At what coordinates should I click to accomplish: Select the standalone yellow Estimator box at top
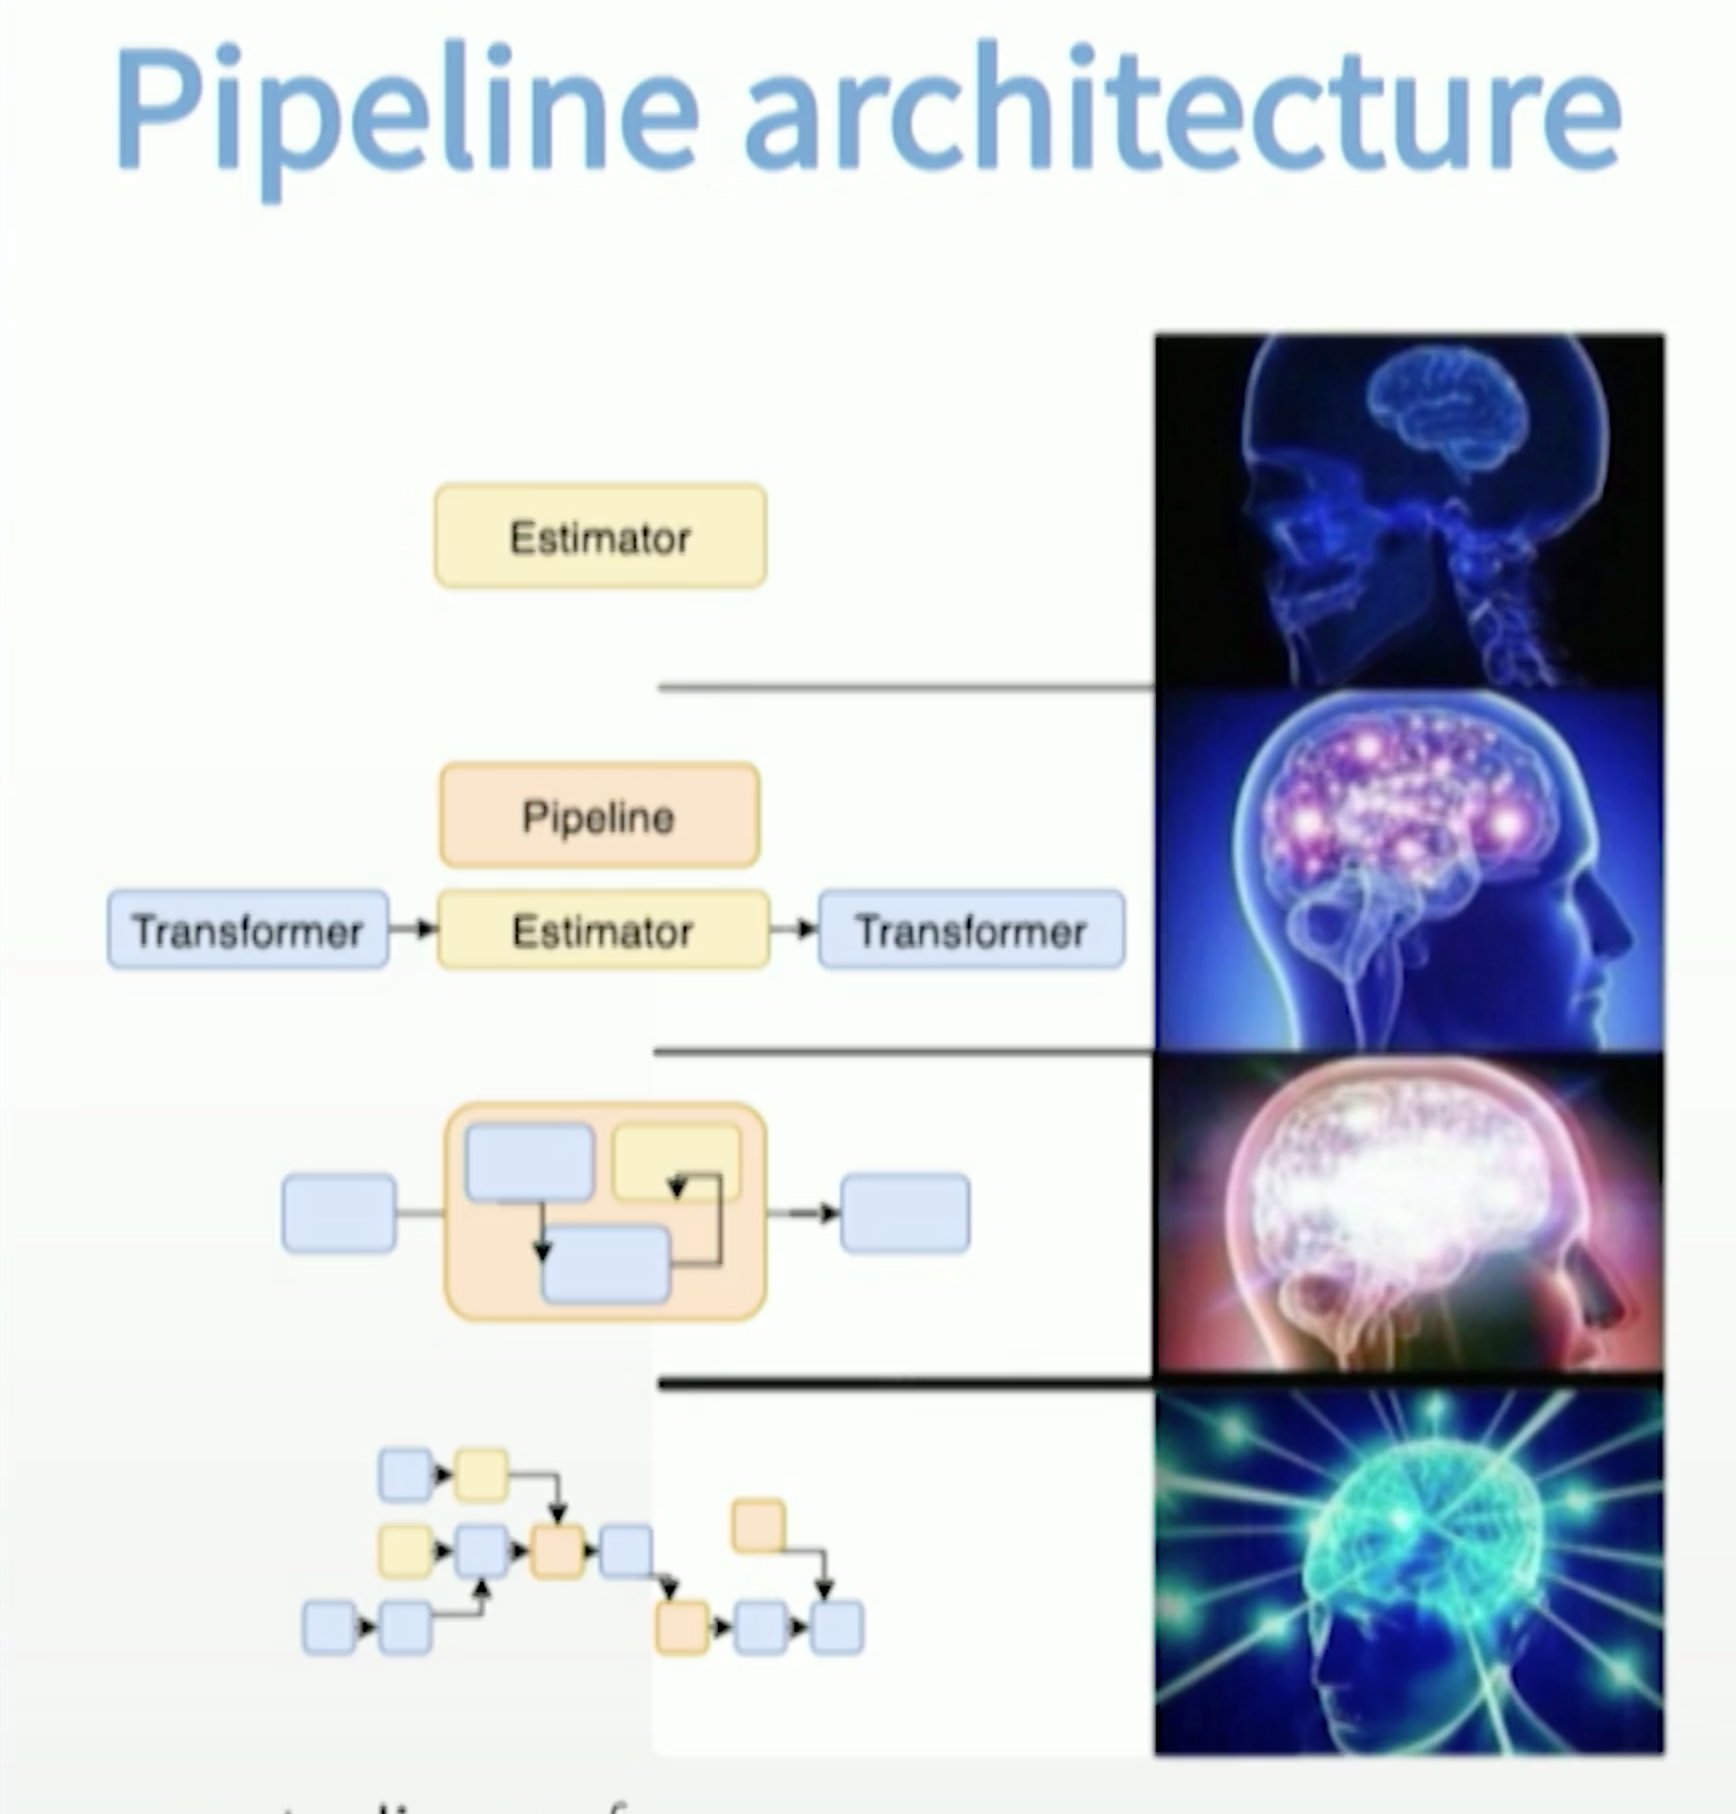click(600, 537)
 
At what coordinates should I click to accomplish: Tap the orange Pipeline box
click(599, 816)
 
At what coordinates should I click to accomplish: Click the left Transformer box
click(247, 930)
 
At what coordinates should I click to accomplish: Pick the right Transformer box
click(971, 930)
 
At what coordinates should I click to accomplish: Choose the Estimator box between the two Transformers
click(603, 930)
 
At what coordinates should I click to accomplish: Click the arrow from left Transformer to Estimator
click(413, 929)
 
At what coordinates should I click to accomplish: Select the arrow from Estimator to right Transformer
click(794, 929)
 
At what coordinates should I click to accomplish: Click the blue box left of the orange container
click(339, 1213)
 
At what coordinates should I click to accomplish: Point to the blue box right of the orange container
click(905, 1213)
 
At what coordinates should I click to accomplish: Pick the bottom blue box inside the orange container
click(605, 1264)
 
